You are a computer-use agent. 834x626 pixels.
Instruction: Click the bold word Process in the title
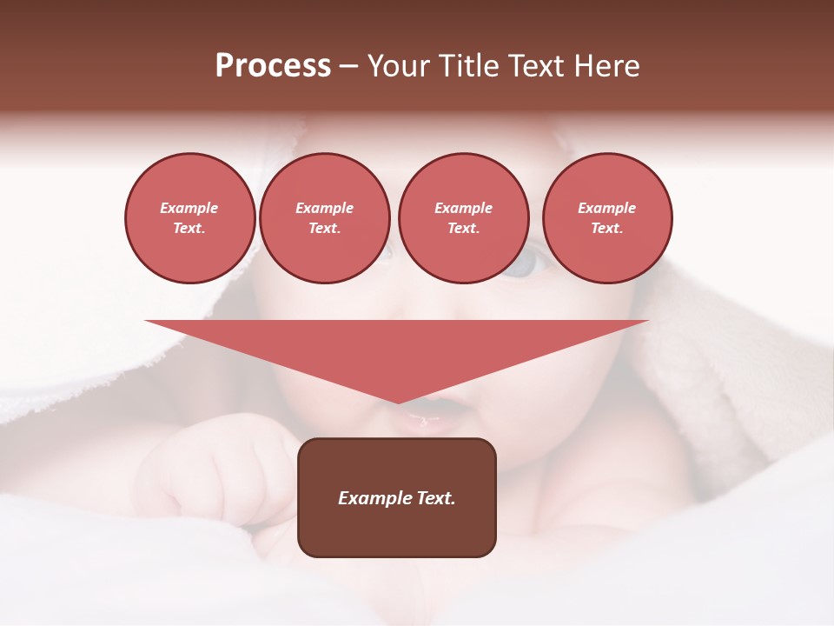pyautogui.click(x=273, y=66)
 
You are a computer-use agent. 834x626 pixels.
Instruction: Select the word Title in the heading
pyautogui.click(x=470, y=66)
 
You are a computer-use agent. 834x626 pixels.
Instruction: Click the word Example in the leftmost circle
pyautogui.click(x=189, y=208)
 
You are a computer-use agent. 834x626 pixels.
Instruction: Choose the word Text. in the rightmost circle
pyautogui.click(x=606, y=228)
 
